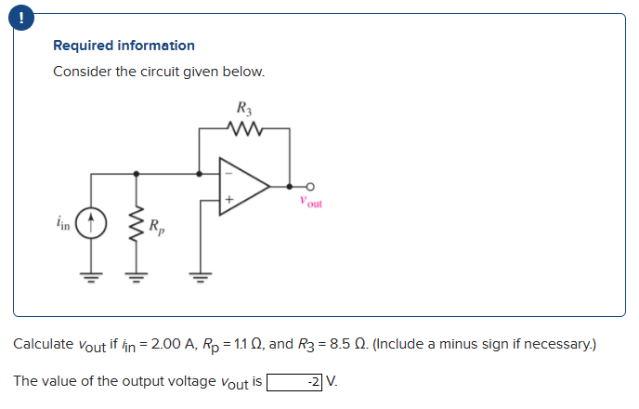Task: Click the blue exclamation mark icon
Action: (15, 15)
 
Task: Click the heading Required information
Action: (124, 46)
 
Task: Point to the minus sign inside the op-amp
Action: (226, 173)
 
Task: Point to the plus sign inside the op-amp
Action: (226, 199)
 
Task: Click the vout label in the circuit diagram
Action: (310, 202)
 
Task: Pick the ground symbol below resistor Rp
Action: (137, 273)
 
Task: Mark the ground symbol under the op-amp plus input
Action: (198, 273)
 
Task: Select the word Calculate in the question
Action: (42, 345)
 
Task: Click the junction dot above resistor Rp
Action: (137, 173)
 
